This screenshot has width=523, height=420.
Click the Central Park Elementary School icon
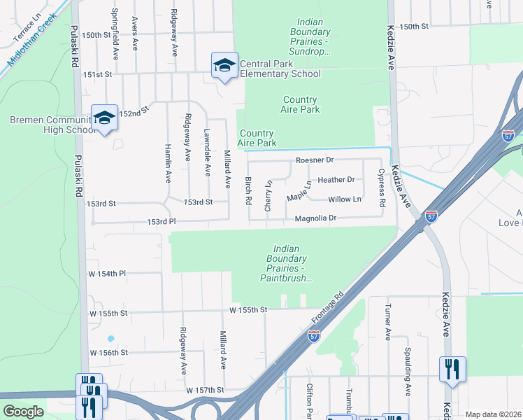pos(224,66)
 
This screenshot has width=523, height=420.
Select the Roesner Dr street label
pos(315,160)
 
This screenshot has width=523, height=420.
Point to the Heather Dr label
pos(336,180)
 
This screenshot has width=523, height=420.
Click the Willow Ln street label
pos(345,199)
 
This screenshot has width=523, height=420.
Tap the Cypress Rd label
pos(382,188)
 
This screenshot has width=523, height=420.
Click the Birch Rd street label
pos(248,190)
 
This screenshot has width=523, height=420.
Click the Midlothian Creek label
pos(31,43)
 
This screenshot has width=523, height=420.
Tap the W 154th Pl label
pos(107,273)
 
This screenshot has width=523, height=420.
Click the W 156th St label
pos(108,353)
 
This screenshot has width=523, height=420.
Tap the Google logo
pos(23,412)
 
